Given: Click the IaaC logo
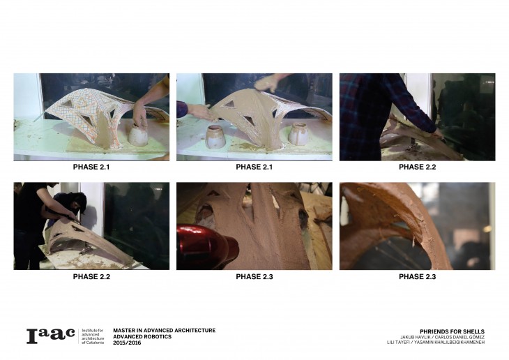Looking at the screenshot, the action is click(x=51, y=336).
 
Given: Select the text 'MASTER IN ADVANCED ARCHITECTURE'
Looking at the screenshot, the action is click(x=165, y=331).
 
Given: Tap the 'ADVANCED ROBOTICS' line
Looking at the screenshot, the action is click(x=142, y=336).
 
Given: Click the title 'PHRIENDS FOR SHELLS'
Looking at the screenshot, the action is click(x=452, y=331).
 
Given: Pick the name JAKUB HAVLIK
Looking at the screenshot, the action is click(x=414, y=337).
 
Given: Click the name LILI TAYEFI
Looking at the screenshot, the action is click(x=398, y=342).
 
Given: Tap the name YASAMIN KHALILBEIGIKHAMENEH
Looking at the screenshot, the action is click(x=449, y=342).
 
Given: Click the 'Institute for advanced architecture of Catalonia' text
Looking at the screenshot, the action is click(x=93, y=336).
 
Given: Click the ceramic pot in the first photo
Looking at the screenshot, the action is click(x=138, y=135).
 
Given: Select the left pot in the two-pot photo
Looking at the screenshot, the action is click(x=215, y=137).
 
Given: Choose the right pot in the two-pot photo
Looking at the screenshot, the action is click(x=298, y=133).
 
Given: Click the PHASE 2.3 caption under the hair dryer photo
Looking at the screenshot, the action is click(x=254, y=277).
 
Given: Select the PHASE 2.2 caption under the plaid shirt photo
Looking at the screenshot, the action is click(x=417, y=167).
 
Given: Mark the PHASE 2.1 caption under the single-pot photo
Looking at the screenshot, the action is click(x=91, y=167).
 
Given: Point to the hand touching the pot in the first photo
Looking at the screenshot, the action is click(x=140, y=114).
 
